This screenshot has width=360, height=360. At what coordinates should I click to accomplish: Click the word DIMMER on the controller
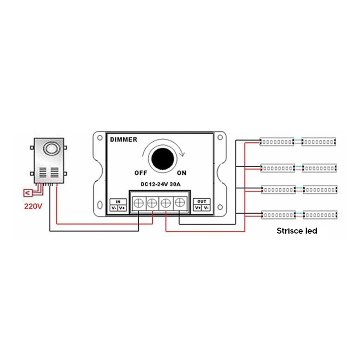[x=124, y=140]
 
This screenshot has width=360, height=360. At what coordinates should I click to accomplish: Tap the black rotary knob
[x=162, y=158]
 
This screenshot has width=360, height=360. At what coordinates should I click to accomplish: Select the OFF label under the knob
[x=141, y=173]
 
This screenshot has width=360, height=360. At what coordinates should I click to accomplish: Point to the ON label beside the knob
[x=182, y=173]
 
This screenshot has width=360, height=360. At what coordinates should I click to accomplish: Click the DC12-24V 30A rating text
[x=160, y=184]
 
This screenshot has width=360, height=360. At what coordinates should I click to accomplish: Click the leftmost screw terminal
[x=139, y=203]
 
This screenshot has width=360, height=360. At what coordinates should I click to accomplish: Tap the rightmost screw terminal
[x=180, y=202]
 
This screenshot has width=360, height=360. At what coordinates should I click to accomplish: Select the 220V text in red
[x=33, y=207]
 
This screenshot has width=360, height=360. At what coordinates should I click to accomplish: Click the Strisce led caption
[x=297, y=231]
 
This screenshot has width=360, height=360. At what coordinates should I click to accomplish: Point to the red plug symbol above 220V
[x=28, y=193]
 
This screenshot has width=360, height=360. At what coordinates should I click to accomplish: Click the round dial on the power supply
[x=51, y=148]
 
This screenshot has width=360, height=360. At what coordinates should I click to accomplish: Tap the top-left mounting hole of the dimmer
[x=100, y=138]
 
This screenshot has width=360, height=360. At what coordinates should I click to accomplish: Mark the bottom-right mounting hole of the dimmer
[x=220, y=207]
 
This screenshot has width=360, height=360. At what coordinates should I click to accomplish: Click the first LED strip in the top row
[x=277, y=142]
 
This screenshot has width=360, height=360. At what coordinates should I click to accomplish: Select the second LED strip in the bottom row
[x=320, y=215]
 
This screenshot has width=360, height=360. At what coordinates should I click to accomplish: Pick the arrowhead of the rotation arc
[x=182, y=153]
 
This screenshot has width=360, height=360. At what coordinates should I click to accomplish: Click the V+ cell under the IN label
[x=122, y=208]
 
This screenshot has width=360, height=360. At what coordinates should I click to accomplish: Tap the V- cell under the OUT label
[x=206, y=208]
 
